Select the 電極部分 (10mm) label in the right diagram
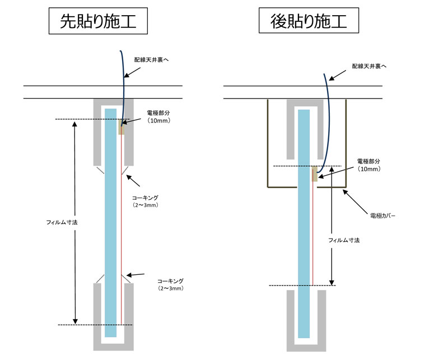(369, 165)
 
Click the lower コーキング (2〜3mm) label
(170, 284)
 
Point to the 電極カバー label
(382, 215)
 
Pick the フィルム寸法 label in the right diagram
(344, 240)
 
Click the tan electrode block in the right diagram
(315, 174)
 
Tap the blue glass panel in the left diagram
(111, 224)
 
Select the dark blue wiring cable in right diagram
(327, 112)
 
